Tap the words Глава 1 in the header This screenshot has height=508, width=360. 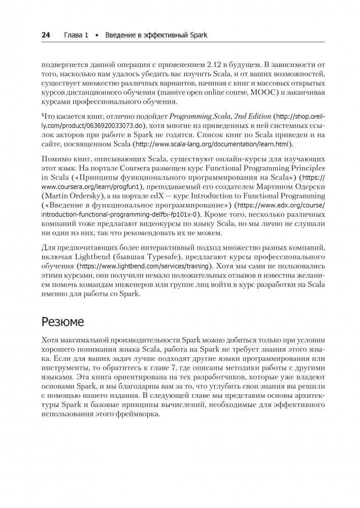tap(76, 36)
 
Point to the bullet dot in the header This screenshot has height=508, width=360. tap(97, 36)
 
